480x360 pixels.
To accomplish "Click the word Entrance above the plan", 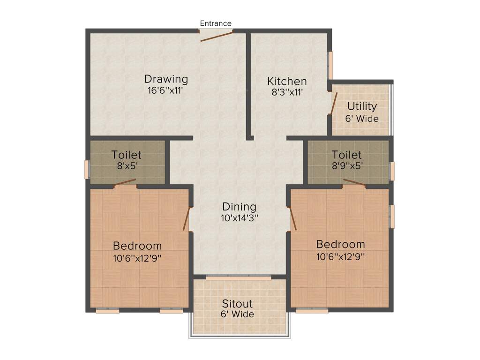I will tap(216, 23).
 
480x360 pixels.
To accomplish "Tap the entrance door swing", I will tap(217, 36).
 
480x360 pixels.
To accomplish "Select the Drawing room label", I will tap(166, 79).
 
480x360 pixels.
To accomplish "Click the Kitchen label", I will tap(287, 82).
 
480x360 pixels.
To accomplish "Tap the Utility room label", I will tap(362, 106).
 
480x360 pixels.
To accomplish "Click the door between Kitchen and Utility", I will tap(333, 103).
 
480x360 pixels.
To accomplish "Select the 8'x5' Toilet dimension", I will tap(126, 165).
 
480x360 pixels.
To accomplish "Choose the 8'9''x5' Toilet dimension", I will tap(346, 165).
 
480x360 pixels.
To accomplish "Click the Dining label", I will tap(239, 207).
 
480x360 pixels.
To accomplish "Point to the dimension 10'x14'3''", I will tap(240, 218).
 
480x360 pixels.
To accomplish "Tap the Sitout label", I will tap(237, 303).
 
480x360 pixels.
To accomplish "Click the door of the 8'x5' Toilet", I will tap(125, 182).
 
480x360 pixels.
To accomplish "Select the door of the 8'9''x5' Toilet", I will tap(354, 182).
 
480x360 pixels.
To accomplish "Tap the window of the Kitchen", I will tap(330, 65).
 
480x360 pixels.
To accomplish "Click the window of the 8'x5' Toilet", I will tap(87, 169).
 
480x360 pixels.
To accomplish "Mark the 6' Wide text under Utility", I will tap(362, 119).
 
